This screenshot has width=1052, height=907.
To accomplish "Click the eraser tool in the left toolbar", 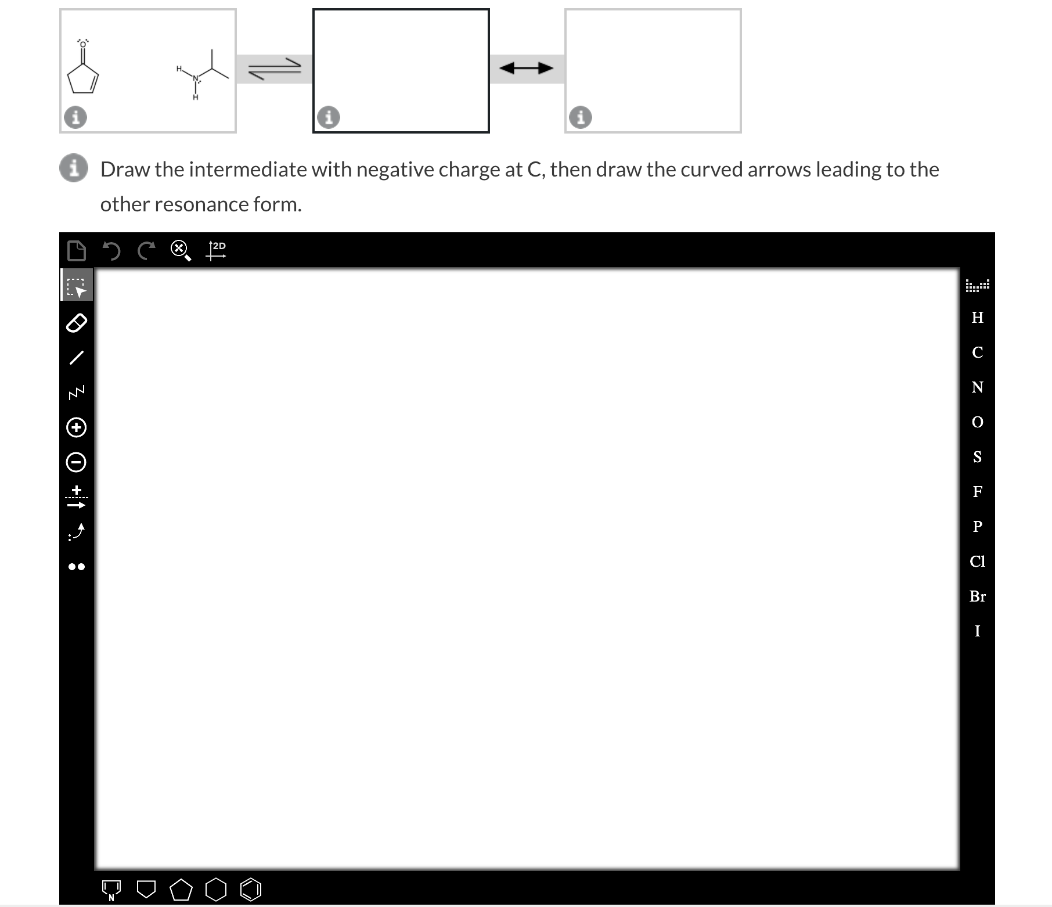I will (77, 322).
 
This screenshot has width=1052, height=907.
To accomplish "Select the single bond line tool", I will (77, 357).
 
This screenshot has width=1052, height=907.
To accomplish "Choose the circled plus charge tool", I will (77, 427).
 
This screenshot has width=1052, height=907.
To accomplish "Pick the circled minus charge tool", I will (77, 462).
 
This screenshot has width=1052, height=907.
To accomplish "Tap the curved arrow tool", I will (77, 531).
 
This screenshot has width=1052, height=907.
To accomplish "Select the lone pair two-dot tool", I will (77, 567).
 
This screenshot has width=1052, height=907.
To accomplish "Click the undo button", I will (111, 251).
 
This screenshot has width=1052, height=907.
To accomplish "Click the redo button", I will (146, 251).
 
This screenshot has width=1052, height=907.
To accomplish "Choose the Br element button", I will (977, 596).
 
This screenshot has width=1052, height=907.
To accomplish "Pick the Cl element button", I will (977, 562).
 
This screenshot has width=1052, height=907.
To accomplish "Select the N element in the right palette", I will (977, 387).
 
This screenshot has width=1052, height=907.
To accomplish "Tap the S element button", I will (977, 457).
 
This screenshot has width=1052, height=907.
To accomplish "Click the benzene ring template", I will (251, 890).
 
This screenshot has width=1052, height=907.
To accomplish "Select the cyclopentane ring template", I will (181, 890).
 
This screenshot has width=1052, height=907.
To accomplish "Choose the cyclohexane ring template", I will (216, 890).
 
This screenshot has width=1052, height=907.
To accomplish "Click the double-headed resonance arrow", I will (527, 69).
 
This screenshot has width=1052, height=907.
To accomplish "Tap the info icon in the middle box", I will (329, 117).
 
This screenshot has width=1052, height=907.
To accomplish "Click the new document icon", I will (77, 251).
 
